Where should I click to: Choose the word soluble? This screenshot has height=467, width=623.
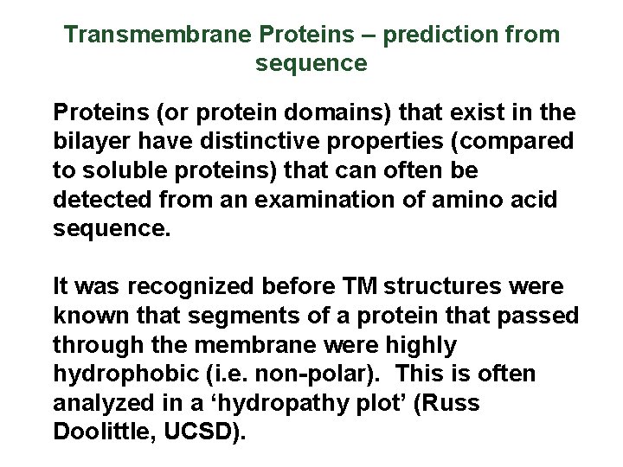(116, 170)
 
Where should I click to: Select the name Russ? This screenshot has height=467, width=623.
(452, 403)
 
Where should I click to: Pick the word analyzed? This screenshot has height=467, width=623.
(102, 403)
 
